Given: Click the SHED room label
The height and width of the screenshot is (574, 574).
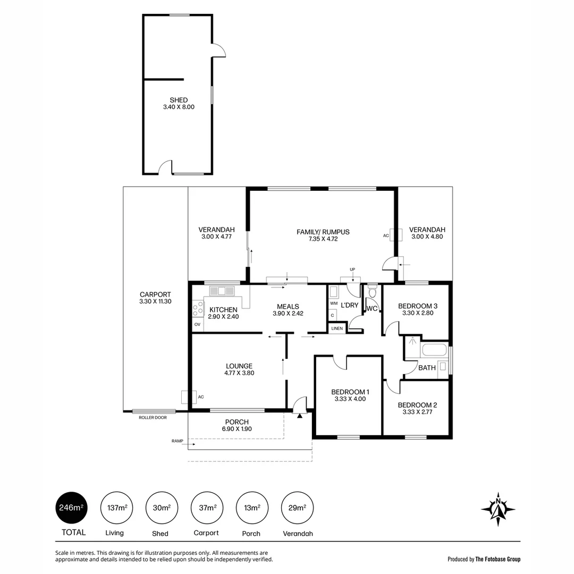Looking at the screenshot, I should coord(179,100).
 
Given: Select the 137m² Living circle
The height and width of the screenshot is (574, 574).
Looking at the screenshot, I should coord(114,508).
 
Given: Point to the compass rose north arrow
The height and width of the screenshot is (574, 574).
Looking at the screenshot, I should coord(498,509).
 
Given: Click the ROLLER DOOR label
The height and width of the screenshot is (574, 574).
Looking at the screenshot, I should coord(153,418).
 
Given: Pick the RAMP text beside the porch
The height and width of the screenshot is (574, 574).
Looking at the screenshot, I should coord(177,441).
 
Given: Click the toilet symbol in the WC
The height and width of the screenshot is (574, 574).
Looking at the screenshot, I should coord(372,292).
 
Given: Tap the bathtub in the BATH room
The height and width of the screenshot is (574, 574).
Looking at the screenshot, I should coord(434,351).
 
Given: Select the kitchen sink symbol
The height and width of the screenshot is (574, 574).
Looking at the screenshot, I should coord(222,291).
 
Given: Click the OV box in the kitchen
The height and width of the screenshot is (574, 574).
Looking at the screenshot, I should coord(197,324).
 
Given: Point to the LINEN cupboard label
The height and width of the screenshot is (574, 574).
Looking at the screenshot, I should coord(337,329).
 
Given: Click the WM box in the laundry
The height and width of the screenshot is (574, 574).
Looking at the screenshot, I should coord(334,303).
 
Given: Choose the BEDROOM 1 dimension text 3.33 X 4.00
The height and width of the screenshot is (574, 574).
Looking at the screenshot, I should coord(350,399).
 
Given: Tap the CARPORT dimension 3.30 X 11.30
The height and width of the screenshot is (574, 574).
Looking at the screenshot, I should coord(155,301).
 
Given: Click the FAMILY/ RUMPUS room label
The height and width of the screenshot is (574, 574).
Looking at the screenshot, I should coord(323,232).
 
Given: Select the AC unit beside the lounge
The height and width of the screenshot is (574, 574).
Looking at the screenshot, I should coord(185,397).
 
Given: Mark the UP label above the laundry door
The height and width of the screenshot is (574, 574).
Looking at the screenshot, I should coord(352,270).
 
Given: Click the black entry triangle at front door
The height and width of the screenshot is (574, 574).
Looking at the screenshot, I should coord(300,416).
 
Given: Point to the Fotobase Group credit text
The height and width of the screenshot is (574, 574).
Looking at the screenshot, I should coord(484,559).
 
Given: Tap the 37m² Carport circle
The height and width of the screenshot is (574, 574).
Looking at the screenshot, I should coord(206,508).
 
